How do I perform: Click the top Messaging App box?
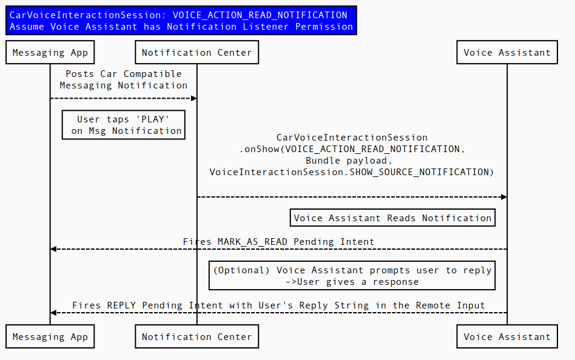50,53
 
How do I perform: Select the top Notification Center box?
197,53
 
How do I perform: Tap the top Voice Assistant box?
507,53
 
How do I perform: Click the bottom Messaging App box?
50,337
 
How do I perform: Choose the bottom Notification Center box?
197,337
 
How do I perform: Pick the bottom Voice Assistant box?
507,337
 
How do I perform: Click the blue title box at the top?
181,21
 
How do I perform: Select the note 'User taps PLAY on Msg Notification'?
124,125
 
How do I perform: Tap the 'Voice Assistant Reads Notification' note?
392,218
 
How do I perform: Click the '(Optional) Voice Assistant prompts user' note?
352,276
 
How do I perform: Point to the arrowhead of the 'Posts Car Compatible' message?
193,98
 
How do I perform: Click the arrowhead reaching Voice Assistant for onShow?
503,197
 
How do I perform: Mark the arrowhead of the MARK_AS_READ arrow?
53,249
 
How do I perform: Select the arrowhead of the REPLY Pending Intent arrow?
53,313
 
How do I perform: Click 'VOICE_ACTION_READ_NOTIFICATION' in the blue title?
260,15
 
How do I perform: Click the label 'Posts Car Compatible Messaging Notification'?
124,80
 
